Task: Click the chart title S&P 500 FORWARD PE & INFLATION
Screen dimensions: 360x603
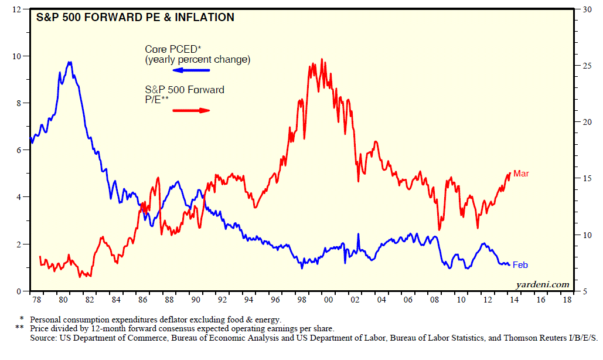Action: point(136,18)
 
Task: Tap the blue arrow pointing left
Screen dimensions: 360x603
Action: point(191,70)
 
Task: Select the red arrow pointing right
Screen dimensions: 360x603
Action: point(191,110)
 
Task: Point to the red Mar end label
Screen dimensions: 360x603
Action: point(521,174)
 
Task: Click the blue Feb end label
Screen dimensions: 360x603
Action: point(520,265)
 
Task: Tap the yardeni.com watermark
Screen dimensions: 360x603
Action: point(543,284)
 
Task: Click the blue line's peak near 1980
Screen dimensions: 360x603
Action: point(70,62)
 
